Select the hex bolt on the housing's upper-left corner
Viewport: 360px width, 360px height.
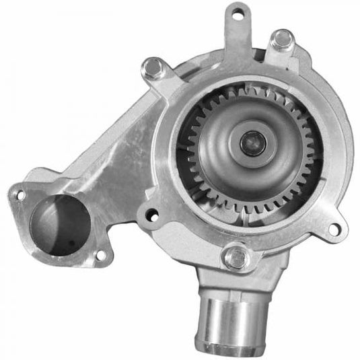153,67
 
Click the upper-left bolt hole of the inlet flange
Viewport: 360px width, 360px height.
20,195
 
